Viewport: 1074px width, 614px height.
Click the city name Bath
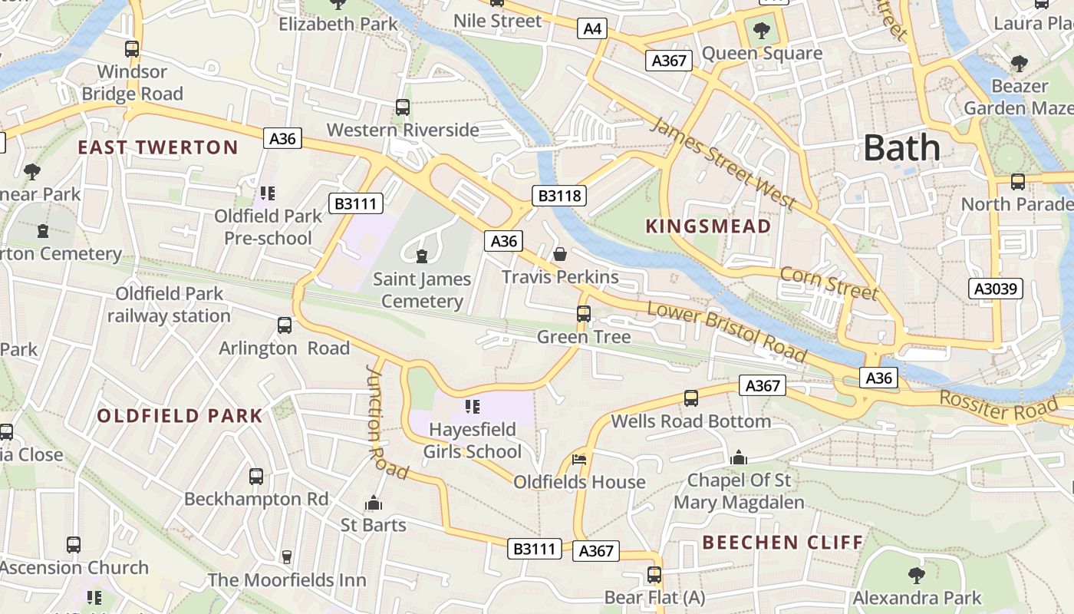(901, 147)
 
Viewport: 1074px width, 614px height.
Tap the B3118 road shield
(560, 196)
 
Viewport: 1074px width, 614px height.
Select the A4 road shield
(592, 29)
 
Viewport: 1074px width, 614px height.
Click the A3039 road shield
(996, 289)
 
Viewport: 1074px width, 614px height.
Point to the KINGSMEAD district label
(708, 226)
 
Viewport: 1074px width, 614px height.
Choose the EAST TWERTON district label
(158, 147)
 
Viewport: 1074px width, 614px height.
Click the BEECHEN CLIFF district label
(782, 543)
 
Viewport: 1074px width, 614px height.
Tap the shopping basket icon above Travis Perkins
(560, 253)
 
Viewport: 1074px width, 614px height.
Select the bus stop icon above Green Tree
(584, 313)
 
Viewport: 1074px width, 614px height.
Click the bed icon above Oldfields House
(580, 460)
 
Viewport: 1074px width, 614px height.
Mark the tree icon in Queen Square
(761, 31)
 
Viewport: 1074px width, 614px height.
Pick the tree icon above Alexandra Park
(916, 575)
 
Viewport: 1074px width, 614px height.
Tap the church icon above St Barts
(374, 503)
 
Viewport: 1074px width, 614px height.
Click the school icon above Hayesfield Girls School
(473, 406)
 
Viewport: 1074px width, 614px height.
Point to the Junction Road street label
(387, 421)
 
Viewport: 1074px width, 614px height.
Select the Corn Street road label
(829, 283)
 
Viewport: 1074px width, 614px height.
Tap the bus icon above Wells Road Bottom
(691, 398)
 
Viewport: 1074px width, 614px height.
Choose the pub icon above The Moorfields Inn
(287, 556)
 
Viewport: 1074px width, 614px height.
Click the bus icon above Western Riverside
(402, 107)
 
